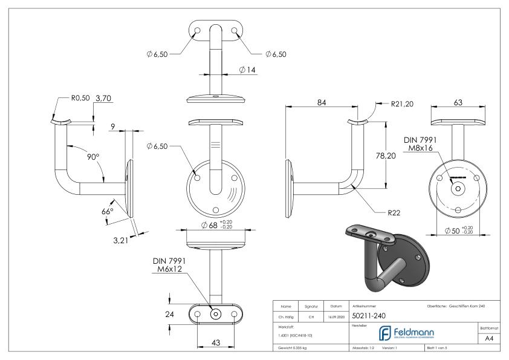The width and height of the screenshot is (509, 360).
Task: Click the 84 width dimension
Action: (322, 103)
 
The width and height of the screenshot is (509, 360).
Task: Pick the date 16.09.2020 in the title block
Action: (336, 316)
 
